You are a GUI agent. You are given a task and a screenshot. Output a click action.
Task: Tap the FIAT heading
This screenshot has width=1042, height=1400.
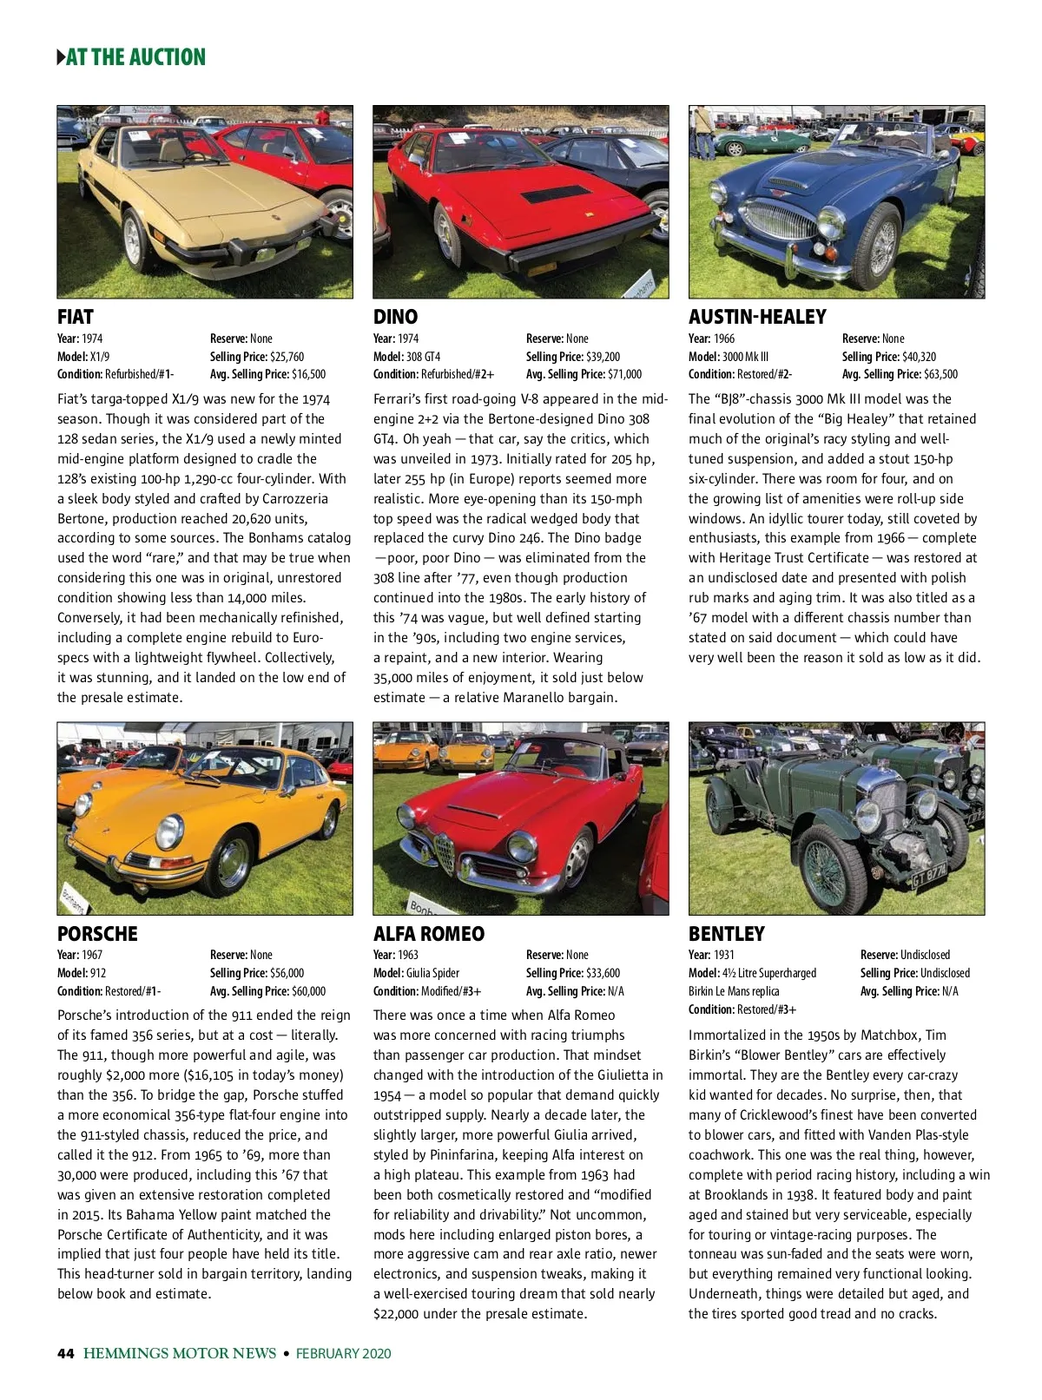click(76, 317)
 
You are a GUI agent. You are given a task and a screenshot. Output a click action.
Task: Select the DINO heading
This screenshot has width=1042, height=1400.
click(395, 317)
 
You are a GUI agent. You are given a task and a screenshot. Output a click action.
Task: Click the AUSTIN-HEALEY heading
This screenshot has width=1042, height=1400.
click(757, 317)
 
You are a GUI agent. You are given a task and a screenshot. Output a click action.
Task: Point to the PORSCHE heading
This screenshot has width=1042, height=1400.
click(97, 934)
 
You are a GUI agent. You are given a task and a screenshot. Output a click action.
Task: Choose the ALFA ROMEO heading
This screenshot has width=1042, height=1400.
click(429, 934)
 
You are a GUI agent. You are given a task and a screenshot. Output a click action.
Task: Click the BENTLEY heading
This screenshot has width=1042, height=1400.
click(727, 934)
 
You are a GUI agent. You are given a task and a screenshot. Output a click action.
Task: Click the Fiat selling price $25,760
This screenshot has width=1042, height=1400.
click(287, 357)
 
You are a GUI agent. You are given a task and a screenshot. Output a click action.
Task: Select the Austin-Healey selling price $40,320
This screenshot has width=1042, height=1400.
click(919, 357)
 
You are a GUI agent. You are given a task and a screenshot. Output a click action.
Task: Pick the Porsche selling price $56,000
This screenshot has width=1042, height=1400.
click(287, 973)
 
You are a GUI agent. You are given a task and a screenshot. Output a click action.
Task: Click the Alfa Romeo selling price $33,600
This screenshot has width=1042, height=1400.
click(603, 973)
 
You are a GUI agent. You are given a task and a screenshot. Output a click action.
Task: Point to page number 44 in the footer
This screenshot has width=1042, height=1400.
click(66, 1353)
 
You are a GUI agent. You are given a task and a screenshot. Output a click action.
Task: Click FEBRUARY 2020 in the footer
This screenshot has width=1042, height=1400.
click(344, 1353)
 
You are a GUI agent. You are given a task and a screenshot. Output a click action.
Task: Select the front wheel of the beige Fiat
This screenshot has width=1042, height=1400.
click(134, 238)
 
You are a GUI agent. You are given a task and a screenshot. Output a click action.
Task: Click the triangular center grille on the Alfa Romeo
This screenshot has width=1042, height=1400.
click(445, 853)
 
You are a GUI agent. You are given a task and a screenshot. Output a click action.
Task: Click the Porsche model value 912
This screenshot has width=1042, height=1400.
click(97, 973)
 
